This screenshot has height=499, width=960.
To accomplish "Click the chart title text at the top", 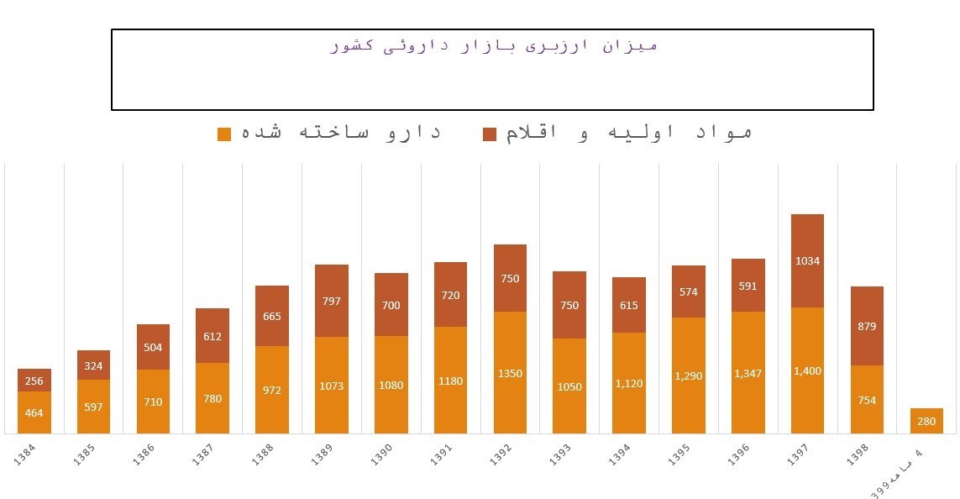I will point(494,45).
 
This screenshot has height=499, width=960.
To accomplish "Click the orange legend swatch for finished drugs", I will point(224,134).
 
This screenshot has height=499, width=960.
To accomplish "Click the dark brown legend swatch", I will point(490,134).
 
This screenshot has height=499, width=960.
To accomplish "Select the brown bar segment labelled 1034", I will point(807,261).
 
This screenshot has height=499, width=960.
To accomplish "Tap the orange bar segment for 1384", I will point(34,412).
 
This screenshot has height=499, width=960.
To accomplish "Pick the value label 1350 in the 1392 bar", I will point(510,373).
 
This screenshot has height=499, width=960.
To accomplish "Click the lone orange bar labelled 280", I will point(926,421).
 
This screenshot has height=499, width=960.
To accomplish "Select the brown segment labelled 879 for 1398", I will point(867,326).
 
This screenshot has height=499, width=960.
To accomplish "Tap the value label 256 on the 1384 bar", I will point(34,381).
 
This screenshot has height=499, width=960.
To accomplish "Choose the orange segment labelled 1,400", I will point(807,370).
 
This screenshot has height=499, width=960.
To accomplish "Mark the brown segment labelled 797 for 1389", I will point(332,301).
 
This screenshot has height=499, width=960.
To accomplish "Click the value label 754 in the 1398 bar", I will point(867,400).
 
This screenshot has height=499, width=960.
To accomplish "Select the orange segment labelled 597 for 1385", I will point(94,407).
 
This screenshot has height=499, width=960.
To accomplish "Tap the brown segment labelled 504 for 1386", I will point(153,347).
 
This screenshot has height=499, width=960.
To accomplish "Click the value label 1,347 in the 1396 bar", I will point(748,373).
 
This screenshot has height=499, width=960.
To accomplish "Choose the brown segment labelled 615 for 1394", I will point(629,305).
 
